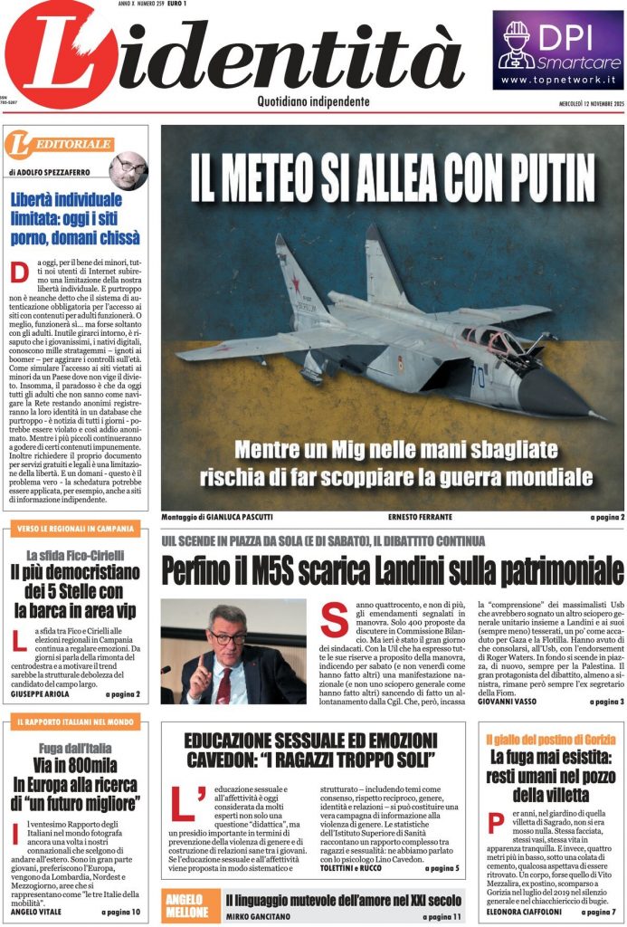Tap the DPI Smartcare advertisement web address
pos(558,80)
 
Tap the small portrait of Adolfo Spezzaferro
pos(128,170)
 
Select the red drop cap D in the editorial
pos(19,272)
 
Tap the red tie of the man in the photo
pos(223,684)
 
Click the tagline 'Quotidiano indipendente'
pos(313,101)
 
